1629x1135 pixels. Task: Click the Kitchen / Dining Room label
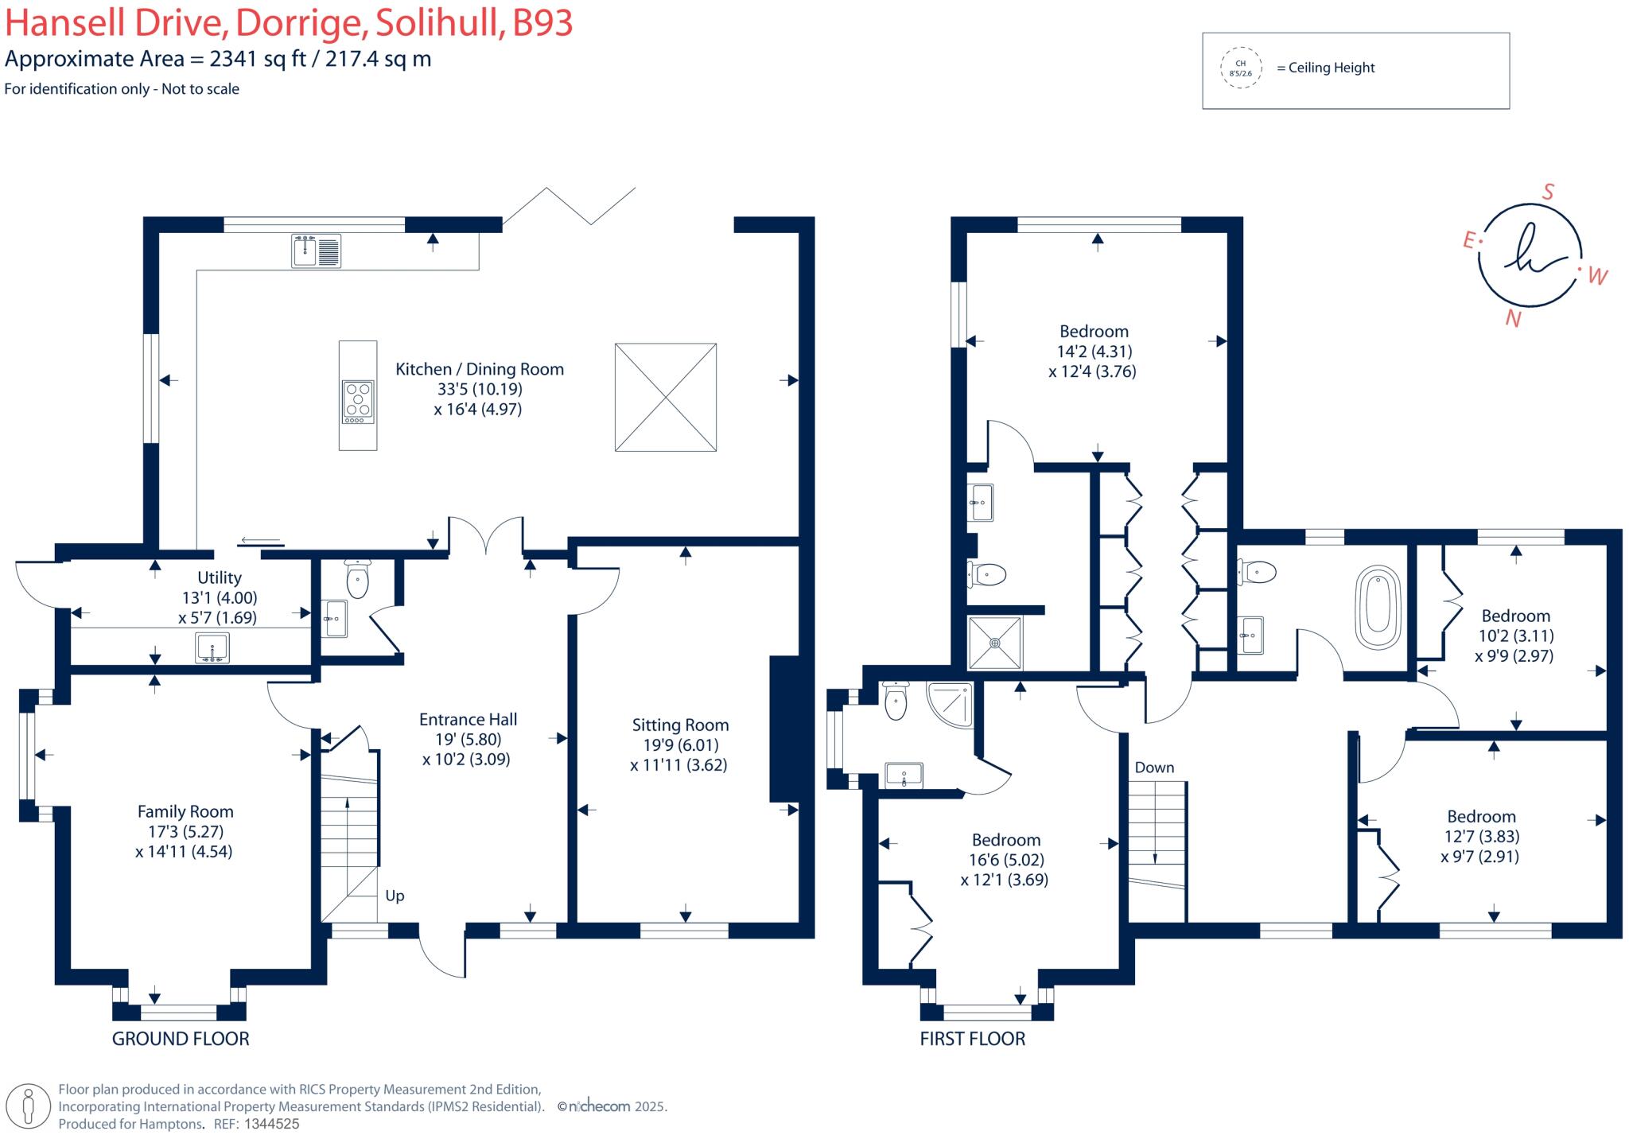[x=480, y=369]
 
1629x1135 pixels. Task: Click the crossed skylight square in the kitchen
[x=666, y=397]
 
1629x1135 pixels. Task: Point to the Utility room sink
[x=212, y=647]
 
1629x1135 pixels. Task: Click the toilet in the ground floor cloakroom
[x=358, y=578]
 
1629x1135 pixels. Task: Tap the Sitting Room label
[x=680, y=725]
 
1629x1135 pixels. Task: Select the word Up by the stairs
[x=395, y=896]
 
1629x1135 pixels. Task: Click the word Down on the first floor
[x=1154, y=768]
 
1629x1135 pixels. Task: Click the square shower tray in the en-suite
[x=994, y=643]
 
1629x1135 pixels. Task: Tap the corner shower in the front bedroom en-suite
[x=951, y=705]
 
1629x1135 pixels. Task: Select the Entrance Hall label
[x=468, y=719]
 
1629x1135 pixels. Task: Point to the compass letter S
[x=1548, y=192]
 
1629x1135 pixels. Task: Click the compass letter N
[x=1513, y=319]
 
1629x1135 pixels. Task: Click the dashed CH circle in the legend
[x=1241, y=68]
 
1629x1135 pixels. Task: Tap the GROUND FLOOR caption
[x=181, y=1038]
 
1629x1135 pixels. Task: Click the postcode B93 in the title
[x=542, y=24]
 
